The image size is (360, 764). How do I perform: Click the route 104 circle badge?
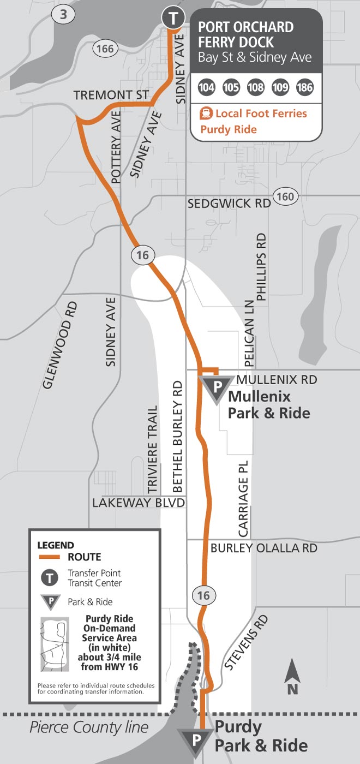click(x=207, y=87)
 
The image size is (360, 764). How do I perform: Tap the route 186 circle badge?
click(x=304, y=87)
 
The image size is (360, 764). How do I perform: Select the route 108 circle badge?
click(x=256, y=87)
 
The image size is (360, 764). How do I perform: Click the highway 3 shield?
click(x=63, y=15)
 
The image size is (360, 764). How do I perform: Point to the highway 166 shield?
click(x=104, y=49)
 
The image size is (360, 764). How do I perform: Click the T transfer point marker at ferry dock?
click(x=172, y=18)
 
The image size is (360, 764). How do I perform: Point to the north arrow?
click(x=293, y=677)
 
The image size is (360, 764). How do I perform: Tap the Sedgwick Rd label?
click(x=229, y=204)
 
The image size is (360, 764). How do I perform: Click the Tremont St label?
click(x=111, y=95)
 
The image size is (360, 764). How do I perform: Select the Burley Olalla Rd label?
click(x=264, y=548)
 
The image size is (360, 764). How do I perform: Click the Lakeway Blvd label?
click(x=139, y=503)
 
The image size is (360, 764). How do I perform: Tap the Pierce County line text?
click(x=89, y=727)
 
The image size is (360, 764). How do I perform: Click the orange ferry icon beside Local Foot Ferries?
click(x=207, y=114)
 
